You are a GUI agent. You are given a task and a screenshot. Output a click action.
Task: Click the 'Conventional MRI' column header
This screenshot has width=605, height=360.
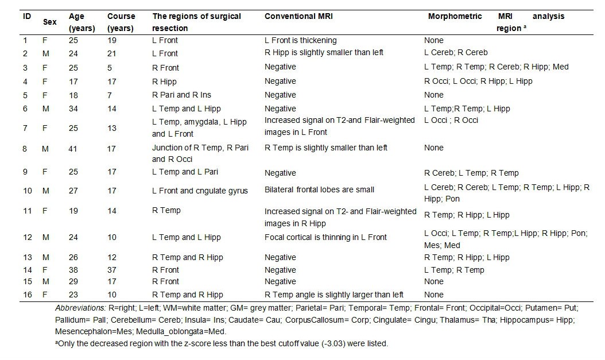pos(298,16)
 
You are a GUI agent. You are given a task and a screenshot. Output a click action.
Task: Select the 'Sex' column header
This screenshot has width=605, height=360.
pos(50,21)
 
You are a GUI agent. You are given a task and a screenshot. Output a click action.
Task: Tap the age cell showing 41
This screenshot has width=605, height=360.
pos(74,148)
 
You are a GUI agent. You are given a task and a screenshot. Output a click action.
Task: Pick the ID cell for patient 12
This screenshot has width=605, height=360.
pos(26,237)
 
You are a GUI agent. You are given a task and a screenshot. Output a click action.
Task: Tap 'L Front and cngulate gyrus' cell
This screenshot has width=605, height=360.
pos(200,190)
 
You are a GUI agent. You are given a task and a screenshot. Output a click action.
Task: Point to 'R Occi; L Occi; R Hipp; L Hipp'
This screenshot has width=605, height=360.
pos(478,81)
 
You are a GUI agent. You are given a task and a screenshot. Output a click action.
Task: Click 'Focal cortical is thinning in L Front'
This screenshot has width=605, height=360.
pos(325,237)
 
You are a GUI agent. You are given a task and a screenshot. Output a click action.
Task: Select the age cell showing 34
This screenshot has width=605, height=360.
pos(74,109)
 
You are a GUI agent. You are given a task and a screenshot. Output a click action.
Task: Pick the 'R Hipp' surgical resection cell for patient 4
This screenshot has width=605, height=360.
pos(164,81)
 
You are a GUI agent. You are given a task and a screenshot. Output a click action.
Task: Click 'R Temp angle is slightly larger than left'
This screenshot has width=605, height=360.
pos(333,295)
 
